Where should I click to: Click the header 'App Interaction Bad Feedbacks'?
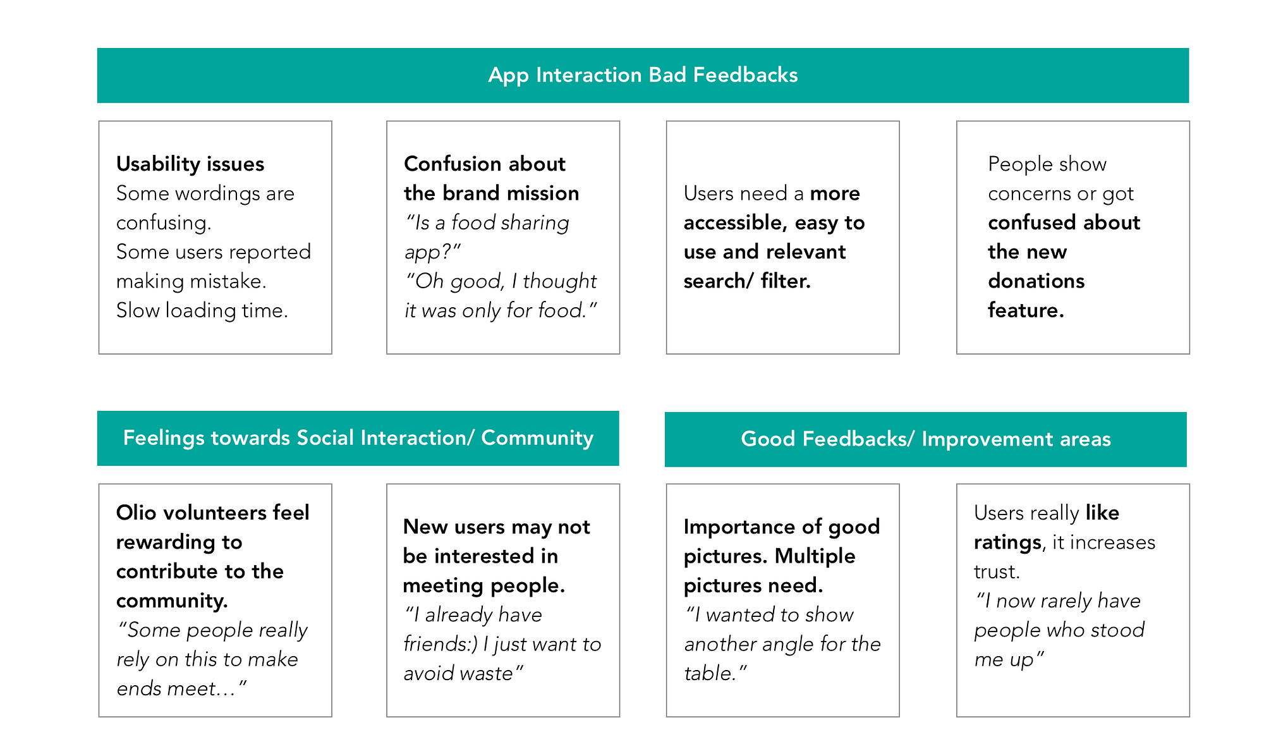coord(643,75)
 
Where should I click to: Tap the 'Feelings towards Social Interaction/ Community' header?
coord(358,438)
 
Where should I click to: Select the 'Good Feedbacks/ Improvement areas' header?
coord(926,439)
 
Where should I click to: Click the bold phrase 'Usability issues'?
coord(190,164)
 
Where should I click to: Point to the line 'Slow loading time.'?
coord(202,310)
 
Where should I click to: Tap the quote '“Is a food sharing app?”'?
coord(487,237)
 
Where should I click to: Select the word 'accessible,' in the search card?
coord(734,223)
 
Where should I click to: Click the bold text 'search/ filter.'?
coord(747,281)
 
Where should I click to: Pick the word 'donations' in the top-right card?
coord(1036,281)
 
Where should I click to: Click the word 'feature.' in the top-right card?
coord(1026,310)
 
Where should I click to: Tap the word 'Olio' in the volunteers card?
coord(136,513)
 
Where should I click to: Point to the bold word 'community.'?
coord(172,601)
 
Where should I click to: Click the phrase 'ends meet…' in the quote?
coord(181,688)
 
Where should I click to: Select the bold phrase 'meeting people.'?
coord(483,586)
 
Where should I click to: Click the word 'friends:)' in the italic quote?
coord(440,644)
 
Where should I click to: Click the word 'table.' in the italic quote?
coord(716,673)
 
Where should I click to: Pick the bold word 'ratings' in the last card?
coord(1008,542)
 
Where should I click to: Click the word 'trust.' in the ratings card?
coord(997,571)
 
